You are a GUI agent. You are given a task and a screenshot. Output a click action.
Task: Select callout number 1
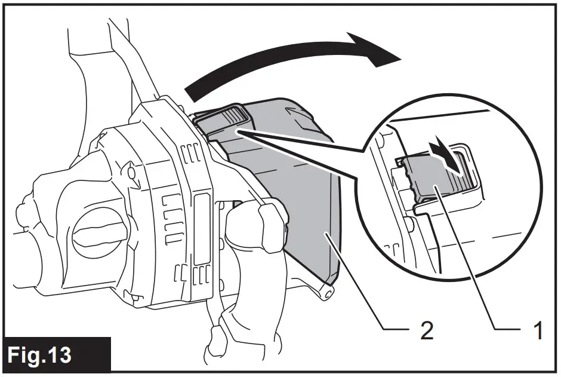pos(537,330)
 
